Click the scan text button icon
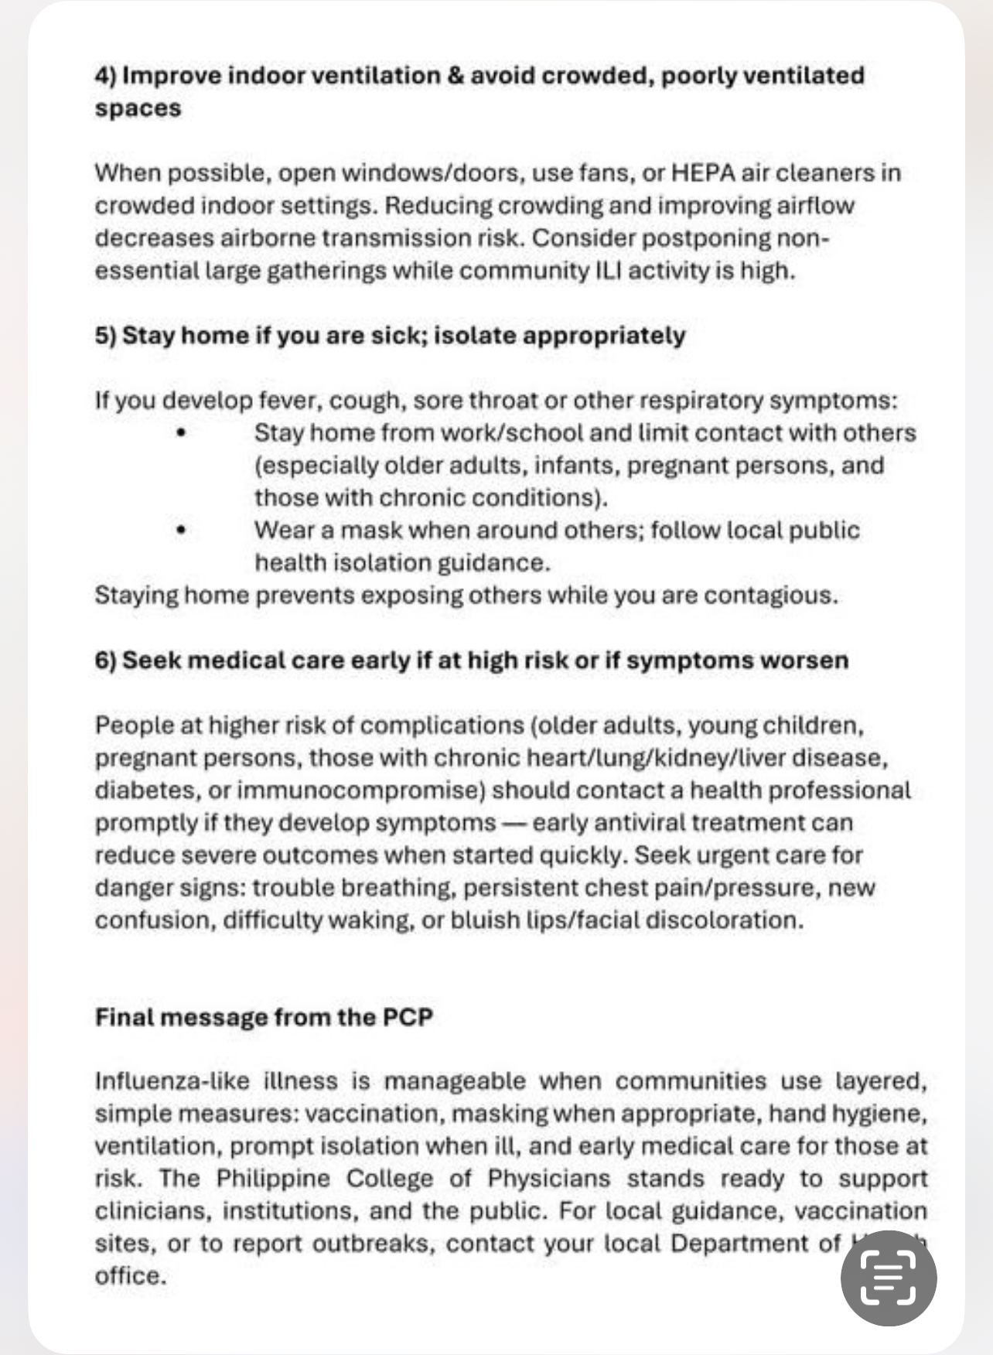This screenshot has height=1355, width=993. [888, 1278]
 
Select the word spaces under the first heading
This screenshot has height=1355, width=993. [138, 109]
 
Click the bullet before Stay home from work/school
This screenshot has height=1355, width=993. [181, 433]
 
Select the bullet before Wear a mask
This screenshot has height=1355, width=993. [181, 531]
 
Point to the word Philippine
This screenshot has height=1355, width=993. [273, 1179]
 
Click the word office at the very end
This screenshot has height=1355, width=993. [129, 1276]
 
